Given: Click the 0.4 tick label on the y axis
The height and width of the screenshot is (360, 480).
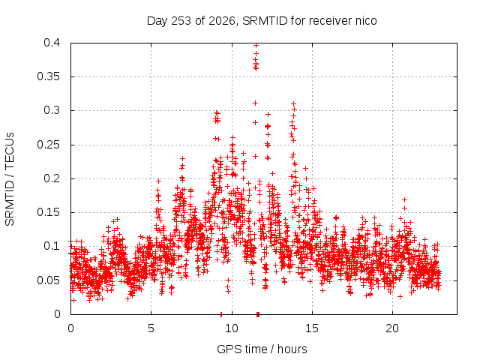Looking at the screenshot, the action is click(52, 43).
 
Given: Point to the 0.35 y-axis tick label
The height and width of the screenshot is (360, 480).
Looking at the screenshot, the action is click(48, 76).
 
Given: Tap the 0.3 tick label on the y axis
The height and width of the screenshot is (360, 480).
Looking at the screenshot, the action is click(52, 110).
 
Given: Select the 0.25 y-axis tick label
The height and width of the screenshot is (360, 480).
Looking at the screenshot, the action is click(48, 145).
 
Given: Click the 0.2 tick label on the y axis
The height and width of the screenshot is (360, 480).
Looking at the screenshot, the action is click(52, 178).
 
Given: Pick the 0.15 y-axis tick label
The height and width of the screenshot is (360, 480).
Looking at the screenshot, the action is click(48, 212).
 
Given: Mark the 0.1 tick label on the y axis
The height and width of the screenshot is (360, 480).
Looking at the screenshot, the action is click(52, 246).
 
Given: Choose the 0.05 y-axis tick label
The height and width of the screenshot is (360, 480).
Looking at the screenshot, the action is click(48, 280).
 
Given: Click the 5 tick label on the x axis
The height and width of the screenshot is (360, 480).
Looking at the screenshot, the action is click(151, 328).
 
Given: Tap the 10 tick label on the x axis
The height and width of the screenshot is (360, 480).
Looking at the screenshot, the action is click(232, 328).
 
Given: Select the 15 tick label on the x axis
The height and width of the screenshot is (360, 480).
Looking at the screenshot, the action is click(312, 328).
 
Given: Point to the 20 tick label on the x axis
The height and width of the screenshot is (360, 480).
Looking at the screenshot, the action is click(392, 328).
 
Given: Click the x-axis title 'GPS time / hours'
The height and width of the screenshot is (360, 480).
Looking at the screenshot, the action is click(262, 349).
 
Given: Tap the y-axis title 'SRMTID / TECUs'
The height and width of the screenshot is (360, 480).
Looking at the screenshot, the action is click(10, 179).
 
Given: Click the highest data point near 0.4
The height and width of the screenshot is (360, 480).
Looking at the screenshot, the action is click(256, 45).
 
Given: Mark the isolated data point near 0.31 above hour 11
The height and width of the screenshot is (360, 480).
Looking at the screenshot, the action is click(255, 103).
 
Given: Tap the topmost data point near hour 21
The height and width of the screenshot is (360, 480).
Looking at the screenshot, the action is click(404, 200).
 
